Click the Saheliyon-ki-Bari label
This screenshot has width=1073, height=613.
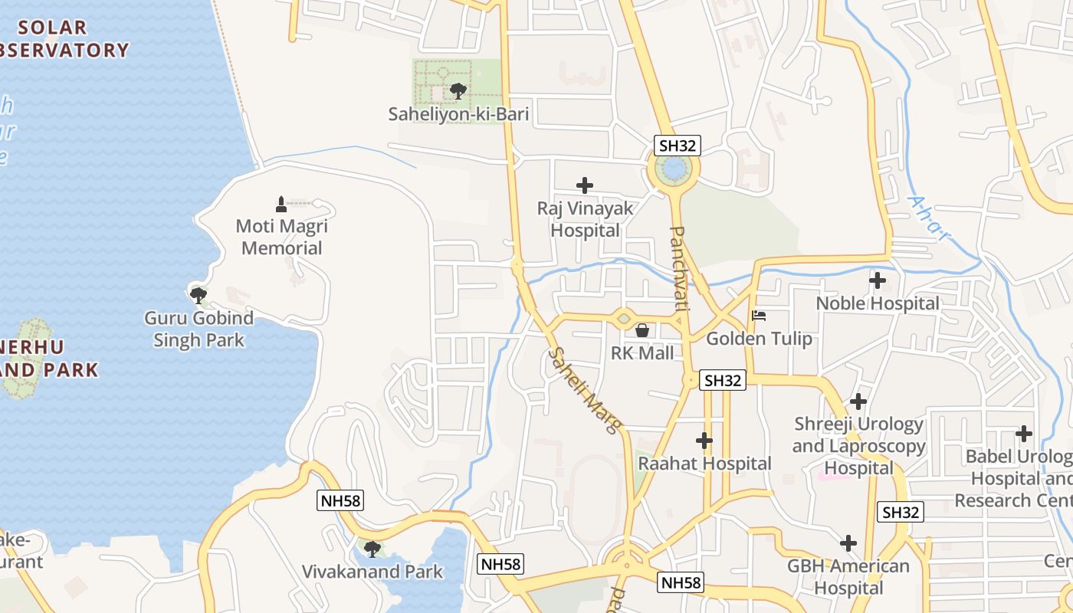click(458, 115)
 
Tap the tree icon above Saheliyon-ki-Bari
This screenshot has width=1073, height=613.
click(458, 92)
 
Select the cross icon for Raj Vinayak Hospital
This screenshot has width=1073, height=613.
click(585, 185)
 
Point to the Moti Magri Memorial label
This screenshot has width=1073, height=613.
click(282, 237)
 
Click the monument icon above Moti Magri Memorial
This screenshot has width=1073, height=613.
click(281, 204)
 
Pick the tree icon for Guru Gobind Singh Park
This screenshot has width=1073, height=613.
click(199, 294)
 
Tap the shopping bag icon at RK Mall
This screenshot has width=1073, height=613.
click(642, 330)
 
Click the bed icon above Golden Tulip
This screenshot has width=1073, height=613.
click(759, 315)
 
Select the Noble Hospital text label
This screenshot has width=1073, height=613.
click(878, 303)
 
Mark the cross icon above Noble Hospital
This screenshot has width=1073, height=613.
click(878, 280)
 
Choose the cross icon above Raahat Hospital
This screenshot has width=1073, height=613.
click(704, 441)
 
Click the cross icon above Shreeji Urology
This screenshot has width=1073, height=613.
click(858, 401)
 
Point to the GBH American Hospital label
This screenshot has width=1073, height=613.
click(848, 577)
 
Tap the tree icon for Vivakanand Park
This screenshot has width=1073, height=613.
click(372, 549)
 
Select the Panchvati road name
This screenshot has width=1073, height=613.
click(678, 267)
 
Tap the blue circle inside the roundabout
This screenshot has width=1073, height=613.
click(673, 168)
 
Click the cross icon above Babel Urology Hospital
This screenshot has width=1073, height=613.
click(1024, 434)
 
